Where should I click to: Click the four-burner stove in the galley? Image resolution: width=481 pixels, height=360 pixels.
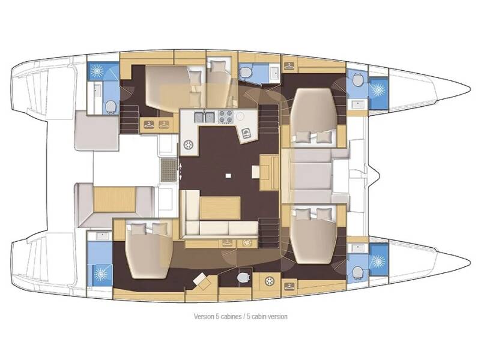point(226,116)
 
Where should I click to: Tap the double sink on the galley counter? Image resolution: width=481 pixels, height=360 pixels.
point(205,116)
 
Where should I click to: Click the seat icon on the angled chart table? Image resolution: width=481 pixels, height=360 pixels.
point(246,133)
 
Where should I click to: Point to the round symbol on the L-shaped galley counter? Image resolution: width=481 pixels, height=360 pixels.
point(189,145)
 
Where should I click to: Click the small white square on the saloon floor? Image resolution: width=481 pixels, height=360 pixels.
point(229,176)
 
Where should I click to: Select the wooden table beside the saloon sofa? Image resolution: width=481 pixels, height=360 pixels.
point(217,208)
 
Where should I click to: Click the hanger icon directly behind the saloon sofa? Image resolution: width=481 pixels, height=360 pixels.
point(227,243)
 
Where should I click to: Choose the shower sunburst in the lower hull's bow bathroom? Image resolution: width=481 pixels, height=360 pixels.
point(378,262)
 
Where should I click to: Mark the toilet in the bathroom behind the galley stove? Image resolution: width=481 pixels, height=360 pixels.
point(246,73)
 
